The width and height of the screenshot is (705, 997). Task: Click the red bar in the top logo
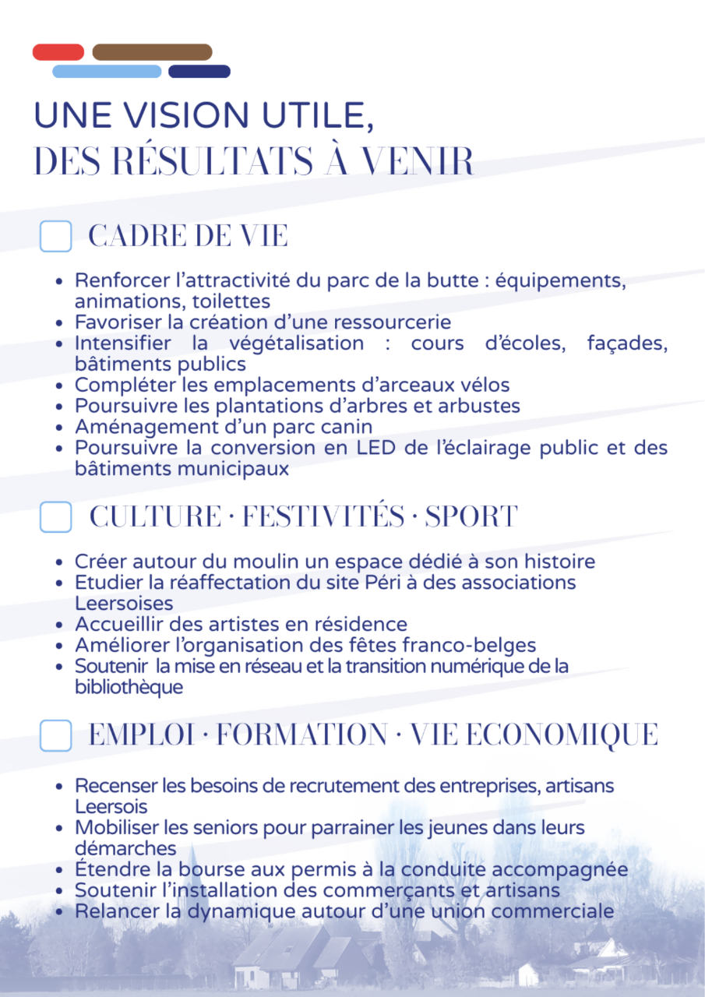pyautogui.click(x=58, y=52)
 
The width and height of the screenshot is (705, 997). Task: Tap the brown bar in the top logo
pyautogui.click(x=152, y=52)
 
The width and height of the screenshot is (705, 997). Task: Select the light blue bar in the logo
pyautogui.click(x=107, y=72)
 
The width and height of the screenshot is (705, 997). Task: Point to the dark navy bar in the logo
pyautogui.click(x=199, y=72)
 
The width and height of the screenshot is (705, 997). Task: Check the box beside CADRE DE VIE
pyautogui.click(x=55, y=236)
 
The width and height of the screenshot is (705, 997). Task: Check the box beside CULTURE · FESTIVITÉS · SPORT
pyautogui.click(x=55, y=517)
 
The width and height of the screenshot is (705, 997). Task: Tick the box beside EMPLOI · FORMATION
pyautogui.click(x=55, y=735)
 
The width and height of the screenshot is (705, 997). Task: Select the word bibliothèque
pyautogui.click(x=129, y=688)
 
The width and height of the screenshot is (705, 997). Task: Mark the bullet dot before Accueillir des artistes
pyautogui.click(x=60, y=625)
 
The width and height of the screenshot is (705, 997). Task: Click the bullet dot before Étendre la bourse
pyautogui.click(x=60, y=870)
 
